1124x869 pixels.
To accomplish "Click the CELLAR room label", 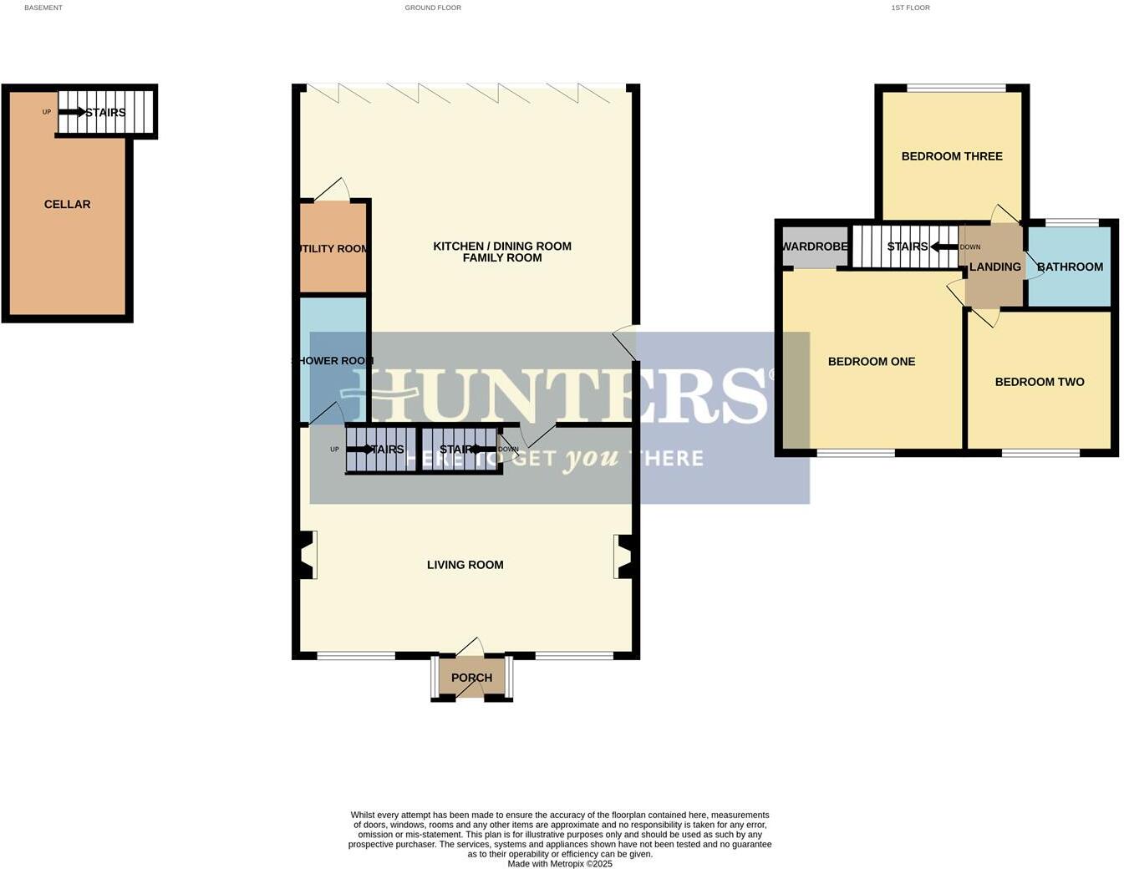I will click(67, 204).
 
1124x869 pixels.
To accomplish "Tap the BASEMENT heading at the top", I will click(43, 8).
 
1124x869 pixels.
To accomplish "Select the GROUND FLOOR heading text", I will click(433, 8).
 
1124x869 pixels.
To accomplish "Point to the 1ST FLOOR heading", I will click(910, 8).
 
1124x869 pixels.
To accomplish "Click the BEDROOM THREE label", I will click(952, 156).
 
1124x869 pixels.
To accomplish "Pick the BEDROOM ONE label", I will click(872, 362).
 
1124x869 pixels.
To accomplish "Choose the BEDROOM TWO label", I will click(1040, 382).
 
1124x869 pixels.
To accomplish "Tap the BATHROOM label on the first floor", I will click(1070, 267).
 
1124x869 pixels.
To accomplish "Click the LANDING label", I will click(994, 267).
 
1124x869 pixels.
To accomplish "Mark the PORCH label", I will click(471, 678).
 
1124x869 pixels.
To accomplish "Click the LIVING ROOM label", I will click(465, 565).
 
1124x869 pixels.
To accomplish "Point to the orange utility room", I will click(333, 248).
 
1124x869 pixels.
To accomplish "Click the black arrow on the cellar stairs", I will click(72, 112).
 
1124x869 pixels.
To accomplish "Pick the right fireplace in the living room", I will click(625, 556).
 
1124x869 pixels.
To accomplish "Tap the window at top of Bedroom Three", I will click(956, 88).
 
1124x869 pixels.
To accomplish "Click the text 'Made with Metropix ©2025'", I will click(560, 864).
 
